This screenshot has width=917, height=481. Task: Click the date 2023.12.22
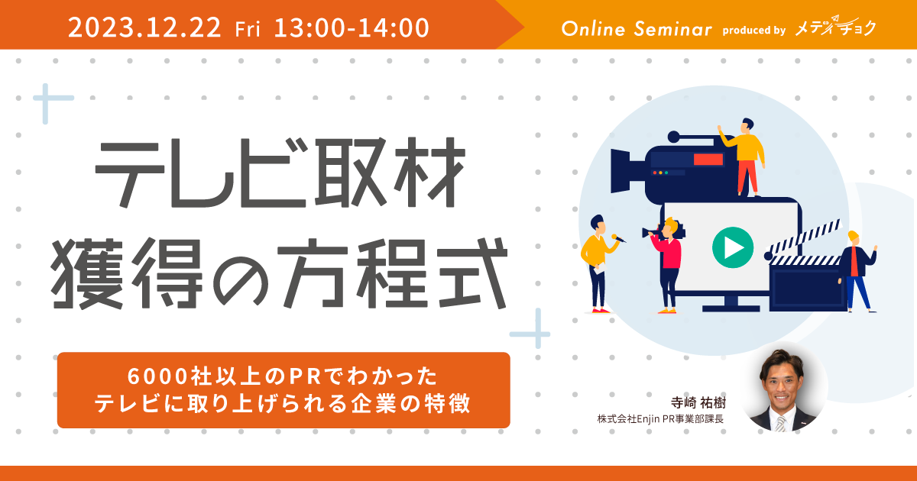click(144, 27)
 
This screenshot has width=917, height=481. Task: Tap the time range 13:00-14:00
click(352, 27)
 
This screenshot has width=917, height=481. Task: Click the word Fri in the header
click(248, 29)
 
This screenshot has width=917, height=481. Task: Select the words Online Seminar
click(637, 29)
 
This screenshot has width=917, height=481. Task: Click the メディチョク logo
click(835, 27)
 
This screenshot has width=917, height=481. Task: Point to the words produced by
click(753, 31)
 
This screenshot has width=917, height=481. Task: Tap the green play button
click(733, 247)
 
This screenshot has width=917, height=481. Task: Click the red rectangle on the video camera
click(708, 159)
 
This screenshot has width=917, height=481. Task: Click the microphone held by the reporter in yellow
click(618, 237)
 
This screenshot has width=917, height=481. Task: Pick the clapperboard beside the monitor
click(805, 269)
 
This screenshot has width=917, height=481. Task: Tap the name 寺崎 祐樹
click(698, 403)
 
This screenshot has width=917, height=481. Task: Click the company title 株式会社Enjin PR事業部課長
click(660, 419)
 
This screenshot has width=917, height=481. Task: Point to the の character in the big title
click(241, 274)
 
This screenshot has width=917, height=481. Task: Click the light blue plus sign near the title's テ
click(46, 99)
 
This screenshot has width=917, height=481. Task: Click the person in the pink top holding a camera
click(666, 265)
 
